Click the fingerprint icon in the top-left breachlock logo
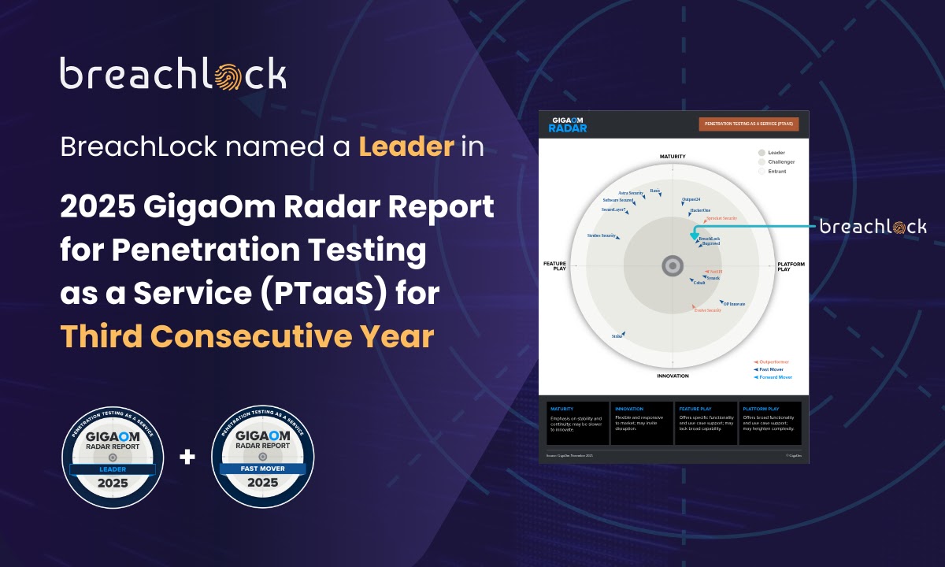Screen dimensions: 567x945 (x=243, y=75)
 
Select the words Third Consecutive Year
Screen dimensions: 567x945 (x=247, y=336)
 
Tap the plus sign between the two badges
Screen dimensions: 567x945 (x=187, y=456)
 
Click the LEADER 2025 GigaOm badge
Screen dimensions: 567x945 (x=113, y=457)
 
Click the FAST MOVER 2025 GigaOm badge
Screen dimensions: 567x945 (x=262, y=457)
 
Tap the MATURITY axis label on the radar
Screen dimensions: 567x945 (x=672, y=157)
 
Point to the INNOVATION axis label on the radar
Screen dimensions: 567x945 (x=672, y=376)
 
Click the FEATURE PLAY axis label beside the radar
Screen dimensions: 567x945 (x=554, y=267)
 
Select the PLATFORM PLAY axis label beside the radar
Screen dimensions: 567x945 (x=791, y=267)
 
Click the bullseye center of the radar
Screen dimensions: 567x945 (x=672, y=266)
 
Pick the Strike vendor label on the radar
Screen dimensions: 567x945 (x=617, y=336)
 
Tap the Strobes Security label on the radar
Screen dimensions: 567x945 (x=602, y=235)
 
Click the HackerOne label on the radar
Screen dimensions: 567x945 (x=700, y=210)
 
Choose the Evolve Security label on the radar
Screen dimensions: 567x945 (x=706, y=310)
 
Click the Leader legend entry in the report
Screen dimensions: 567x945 (x=775, y=152)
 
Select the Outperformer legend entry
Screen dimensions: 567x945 (x=773, y=361)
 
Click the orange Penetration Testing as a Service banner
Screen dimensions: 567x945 (x=748, y=124)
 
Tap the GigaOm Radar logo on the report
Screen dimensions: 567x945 (x=568, y=124)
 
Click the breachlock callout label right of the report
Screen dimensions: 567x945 (x=873, y=227)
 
